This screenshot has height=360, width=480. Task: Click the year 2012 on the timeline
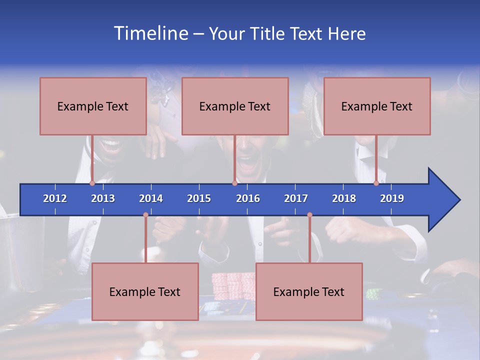(x=55, y=198)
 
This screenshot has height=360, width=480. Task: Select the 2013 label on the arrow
(x=103, y=198)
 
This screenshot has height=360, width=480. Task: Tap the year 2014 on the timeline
(x=151, y=198)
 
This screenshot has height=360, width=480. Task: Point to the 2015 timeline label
(x=199, y=198)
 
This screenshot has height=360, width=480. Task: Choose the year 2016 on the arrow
(x=248, y=198)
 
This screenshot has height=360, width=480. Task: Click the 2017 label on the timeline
(x=296, y=198)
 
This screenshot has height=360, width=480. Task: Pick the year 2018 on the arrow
(x=344, y=198)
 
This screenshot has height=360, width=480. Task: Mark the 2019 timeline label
(x=392, y=198)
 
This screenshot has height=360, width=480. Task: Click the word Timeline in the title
(x=150, y=33)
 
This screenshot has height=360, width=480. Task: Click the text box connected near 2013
(x=93, y=106)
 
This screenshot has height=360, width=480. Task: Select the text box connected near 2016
(x=235, y=106)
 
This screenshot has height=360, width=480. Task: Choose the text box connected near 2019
(x=377, y=106)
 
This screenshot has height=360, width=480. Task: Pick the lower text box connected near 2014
(x=145, y=291)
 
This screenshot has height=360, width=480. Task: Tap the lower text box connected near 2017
(x=309, y=291)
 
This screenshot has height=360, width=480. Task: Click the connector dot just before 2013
(x=92, y=183)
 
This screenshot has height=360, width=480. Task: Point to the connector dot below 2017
(x=309, y=215)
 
